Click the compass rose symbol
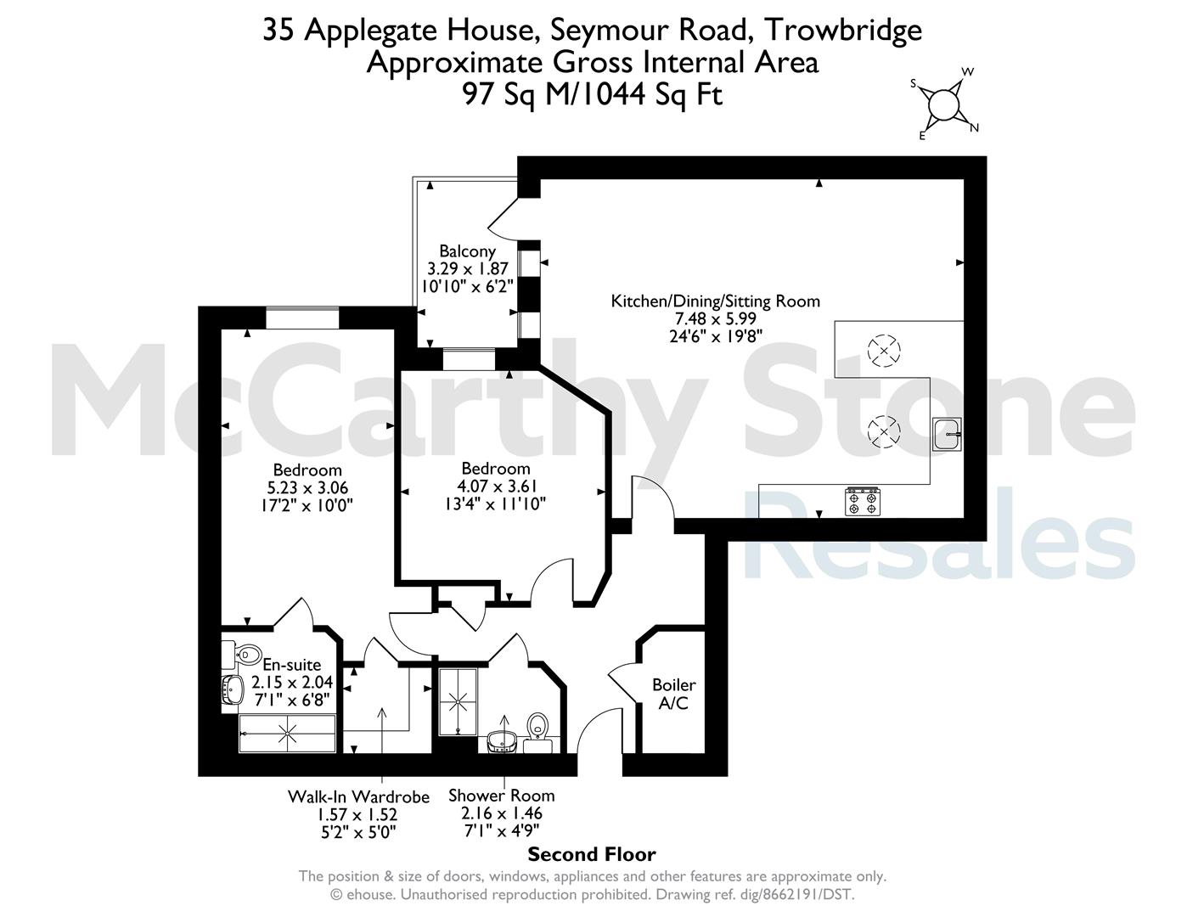[x=943, y=104]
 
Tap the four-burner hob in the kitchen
[x=863, y=501]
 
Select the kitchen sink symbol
[x=947, y=434]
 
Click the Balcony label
[x=468, y=251]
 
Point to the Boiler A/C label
[x=674, y=694]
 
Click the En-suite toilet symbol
[x=241, y=654]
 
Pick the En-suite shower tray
[x=287, y=734]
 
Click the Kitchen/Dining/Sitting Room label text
[x=715, y=301]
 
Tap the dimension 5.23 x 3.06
[x=307, y=487]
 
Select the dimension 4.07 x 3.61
[x=497, y=486]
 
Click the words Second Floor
[x=592, y=854]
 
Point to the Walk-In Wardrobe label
[x=358, y=796]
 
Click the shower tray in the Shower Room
[x=458, y=701]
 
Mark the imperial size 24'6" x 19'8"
[x=716, y=336]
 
